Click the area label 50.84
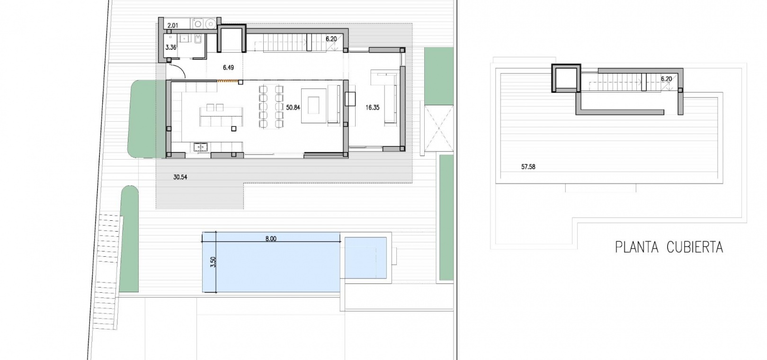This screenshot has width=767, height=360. coord(293,108)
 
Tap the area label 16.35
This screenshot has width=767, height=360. coord(372,108)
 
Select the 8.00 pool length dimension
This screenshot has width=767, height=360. coord(271,239)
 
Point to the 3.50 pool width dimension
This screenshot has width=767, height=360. coord(213,262)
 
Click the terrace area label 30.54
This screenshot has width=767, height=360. coord(180,177)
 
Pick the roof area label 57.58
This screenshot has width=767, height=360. coord(528,167)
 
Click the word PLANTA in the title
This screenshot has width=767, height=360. coord(636,247)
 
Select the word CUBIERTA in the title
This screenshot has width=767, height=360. coord(695,247)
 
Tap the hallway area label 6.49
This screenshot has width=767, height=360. coord(228,67)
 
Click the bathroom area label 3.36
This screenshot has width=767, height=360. coord(171,47)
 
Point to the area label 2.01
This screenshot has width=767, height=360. coord(173,26)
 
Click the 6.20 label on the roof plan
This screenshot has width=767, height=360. coord(666,79)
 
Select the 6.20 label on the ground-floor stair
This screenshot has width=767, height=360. coord(331,39)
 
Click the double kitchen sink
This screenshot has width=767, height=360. coord(201,147)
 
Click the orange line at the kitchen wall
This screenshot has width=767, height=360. coord(228,81)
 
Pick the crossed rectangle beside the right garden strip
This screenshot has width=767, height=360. coord(438,128)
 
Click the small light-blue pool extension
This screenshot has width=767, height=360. coord(366,258)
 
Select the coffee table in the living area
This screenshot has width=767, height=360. coord(313,106)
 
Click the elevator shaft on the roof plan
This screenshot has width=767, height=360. coord(566,78)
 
